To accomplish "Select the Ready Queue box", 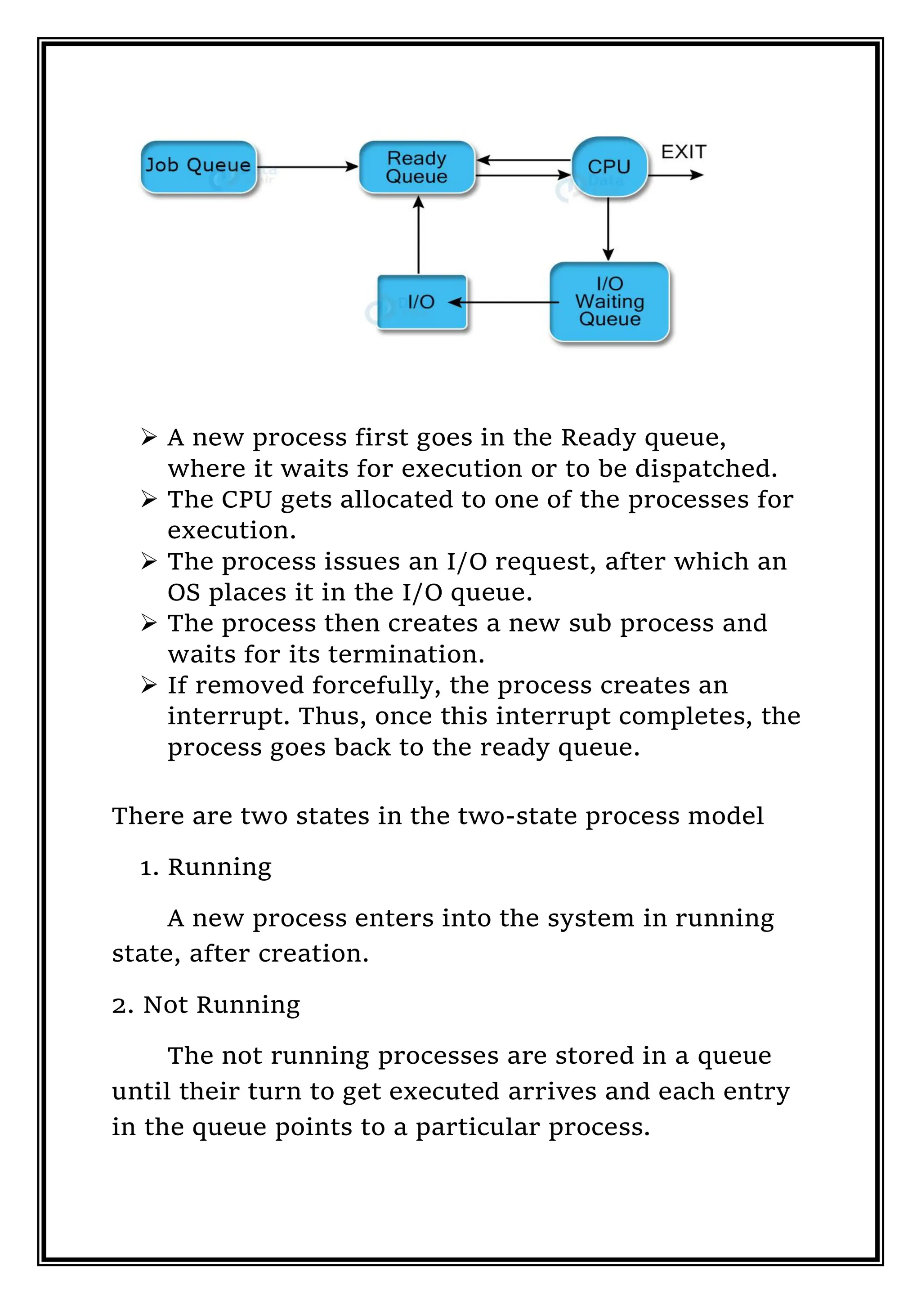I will (x=416, y=167).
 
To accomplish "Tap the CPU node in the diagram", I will (x=609, y=167).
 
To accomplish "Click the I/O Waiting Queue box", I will (x=609, y=301).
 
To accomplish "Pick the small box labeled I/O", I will (x=422, y=302).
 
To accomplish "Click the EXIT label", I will (x=683, y=152).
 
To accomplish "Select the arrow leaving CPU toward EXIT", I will (x=675, y=175).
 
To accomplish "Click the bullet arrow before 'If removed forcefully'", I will (x=149, y=685).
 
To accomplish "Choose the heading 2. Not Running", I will (x=206, y=1005).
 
